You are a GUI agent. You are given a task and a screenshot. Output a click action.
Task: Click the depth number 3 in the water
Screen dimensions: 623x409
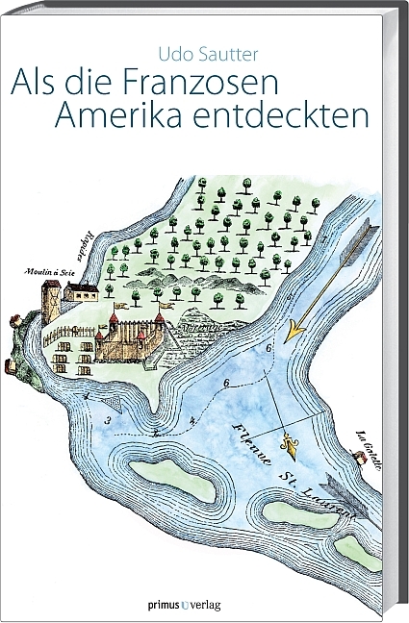pos(108,420)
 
